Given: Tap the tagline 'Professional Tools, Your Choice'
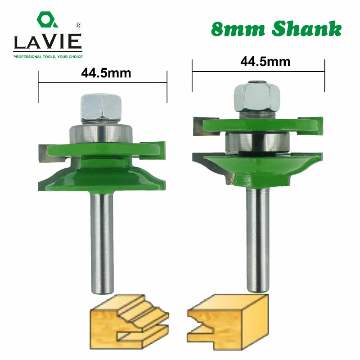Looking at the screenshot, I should tap(46, 57).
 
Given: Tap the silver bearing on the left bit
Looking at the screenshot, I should tap(100, 134).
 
